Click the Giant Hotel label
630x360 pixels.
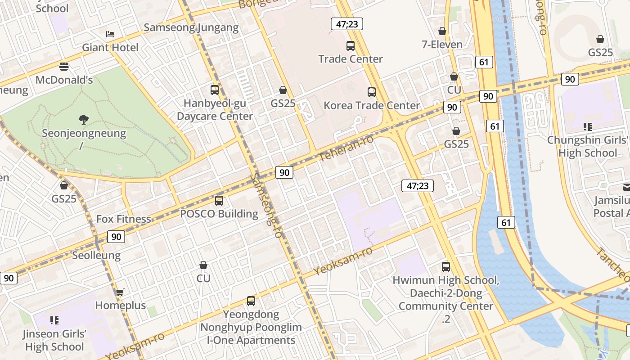coord(110,47)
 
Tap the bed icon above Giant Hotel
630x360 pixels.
coord(110,34)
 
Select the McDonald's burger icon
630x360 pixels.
coord(64,67)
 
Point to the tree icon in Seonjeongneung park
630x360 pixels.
coord(84,119)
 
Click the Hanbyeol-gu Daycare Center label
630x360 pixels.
coord(215,110)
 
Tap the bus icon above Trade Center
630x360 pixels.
coord(351,45)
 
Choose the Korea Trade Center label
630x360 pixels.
coord(372,105)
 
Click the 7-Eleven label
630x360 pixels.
coord(442,44)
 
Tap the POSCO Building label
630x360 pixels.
coord(219,214)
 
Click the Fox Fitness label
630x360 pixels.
coord(124,219)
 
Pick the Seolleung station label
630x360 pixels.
coord(96,256)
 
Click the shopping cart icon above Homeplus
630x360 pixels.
coord(120,292)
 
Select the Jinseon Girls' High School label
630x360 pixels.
coord(55,340)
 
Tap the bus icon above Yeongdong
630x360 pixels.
coord(251,301)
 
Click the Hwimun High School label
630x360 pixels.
coord(445,280)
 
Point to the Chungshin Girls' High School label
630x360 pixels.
coord(588,146)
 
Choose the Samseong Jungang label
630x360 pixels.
coord(191,27)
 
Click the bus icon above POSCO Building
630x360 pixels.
coord(219,200)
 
